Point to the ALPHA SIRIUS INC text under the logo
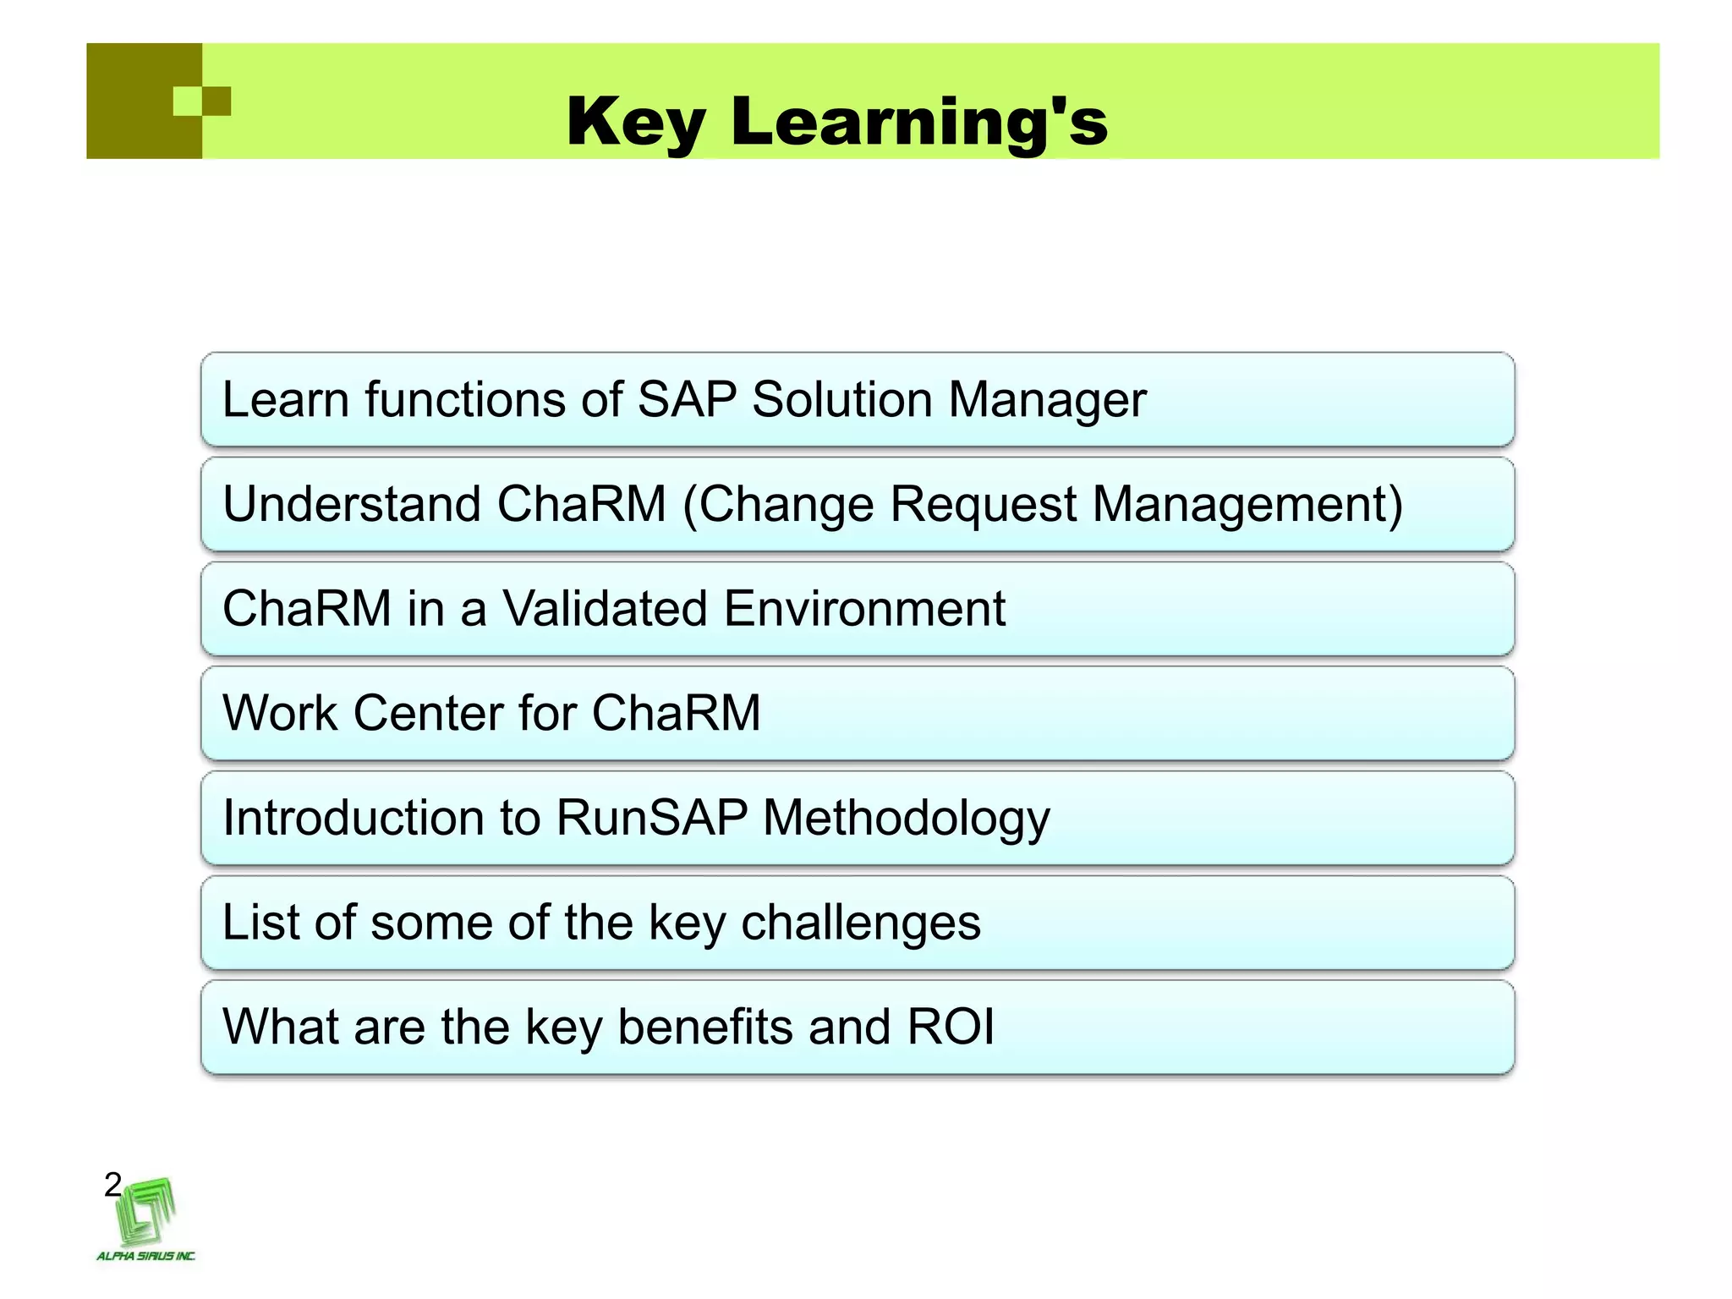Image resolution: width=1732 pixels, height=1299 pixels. pyautogui.click(x=145, y=1256)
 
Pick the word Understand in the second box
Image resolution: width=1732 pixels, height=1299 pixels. pyautogui.click(x=352, y=505)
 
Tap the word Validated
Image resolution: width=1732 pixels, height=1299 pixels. pyautogui.click(x=605, y=609)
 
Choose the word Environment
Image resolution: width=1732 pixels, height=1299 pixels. pyautogui.click(x=864, y=609)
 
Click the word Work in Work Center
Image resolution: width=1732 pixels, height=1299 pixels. pyautogui.click(x=280, y=713)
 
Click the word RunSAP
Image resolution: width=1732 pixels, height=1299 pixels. pyautogui.click(x=651, y=818)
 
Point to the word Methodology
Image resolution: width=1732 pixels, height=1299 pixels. pyautogui.click(x=906, y=819)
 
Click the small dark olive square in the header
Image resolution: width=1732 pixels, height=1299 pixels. pyautogui.click(x=216, y=101)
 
